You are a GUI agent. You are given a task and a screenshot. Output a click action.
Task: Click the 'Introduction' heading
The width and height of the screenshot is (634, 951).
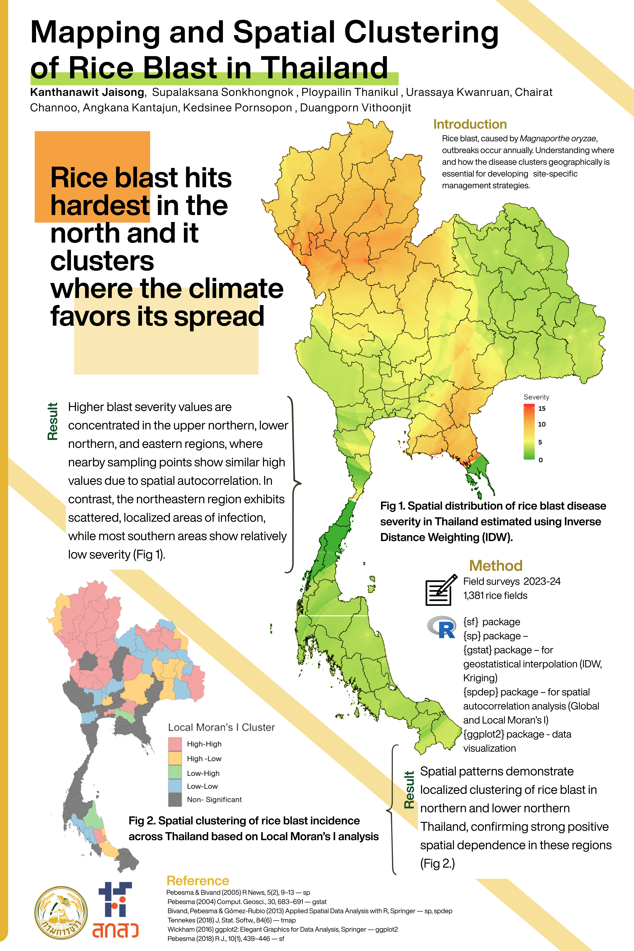(470, 124)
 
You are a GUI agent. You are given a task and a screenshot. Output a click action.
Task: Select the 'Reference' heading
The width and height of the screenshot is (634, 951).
(198, 881)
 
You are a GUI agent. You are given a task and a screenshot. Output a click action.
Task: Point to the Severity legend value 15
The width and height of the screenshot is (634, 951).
(542, 408)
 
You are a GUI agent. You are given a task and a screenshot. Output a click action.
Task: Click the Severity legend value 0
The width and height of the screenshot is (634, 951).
(541, 460)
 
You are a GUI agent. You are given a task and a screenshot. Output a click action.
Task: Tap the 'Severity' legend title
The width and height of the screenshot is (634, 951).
(536, 397)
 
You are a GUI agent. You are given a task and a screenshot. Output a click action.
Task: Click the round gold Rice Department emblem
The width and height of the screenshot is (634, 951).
(61, 913)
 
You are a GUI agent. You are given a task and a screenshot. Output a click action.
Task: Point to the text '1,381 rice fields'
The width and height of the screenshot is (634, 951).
(495, 596)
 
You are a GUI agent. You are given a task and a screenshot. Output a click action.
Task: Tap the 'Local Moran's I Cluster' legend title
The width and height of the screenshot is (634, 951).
(221, 727)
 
